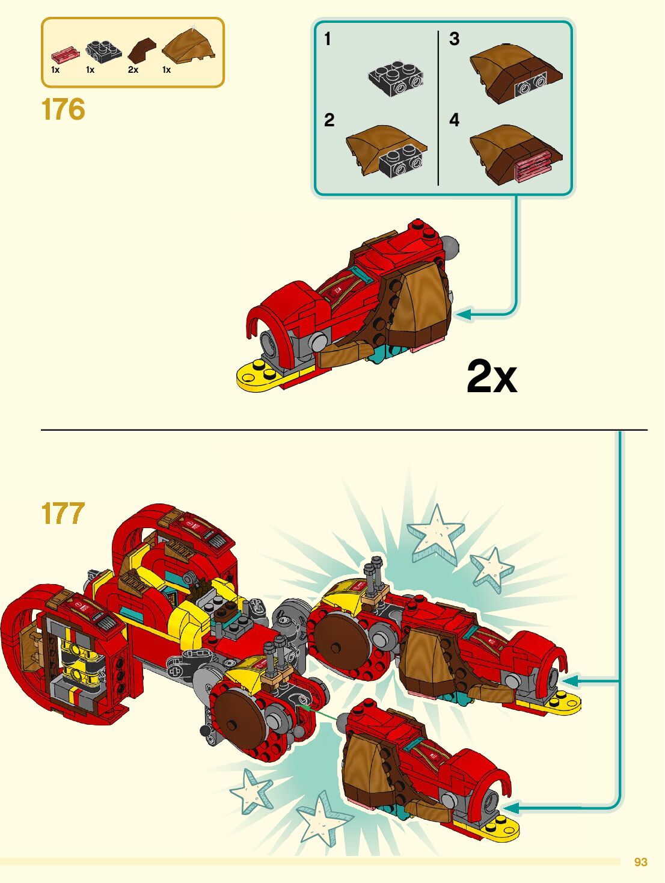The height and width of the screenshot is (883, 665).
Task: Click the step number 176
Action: coord(63,109)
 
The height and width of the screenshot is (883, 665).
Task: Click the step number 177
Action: coord(63,514)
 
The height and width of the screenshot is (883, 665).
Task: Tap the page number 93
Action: coord(640,862)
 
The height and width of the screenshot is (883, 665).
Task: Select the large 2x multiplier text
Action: coord(491,377)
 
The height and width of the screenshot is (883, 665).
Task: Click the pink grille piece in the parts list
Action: coord(64,55)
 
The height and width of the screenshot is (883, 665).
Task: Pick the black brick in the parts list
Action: coord(103,52)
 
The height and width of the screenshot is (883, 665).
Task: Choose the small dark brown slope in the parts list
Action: coord(141,50)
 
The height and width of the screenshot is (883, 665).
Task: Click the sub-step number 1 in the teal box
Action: coord(328,39)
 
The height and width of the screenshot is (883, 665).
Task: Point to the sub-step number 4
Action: coord(454,120)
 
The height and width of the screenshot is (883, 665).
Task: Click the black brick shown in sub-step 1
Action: coord(396,77)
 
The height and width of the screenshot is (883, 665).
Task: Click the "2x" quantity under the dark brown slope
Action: coord(133,70)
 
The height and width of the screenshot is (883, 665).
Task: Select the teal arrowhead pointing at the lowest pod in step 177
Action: coord(511,808)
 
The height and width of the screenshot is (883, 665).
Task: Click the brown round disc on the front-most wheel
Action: coord(239,719)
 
